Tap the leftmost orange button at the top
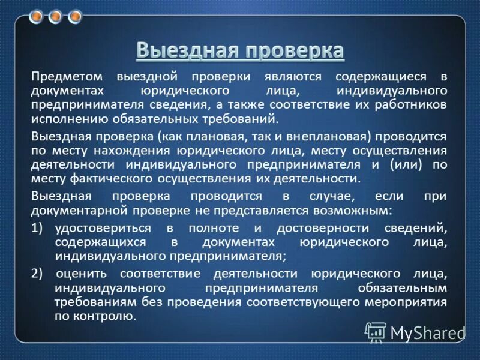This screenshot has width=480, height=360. [x=36, y=16]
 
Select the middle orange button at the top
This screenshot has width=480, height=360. [x=55, y=16]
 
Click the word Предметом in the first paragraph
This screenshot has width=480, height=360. [x=63, y=77]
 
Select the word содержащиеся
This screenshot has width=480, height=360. [x=374, y=77]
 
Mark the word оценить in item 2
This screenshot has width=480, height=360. [x=83, y=274]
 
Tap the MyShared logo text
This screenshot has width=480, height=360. [x=427, y=331]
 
